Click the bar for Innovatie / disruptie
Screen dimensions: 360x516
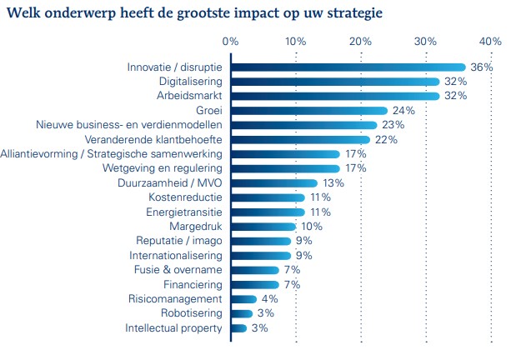[x=348, y=67]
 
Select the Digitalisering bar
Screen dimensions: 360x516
[x=334, y=82]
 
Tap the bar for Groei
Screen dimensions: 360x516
[x=308, y=111]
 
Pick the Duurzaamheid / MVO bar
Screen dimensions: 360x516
[x=273, y=183]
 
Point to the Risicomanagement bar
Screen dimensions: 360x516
[x=243, y=298]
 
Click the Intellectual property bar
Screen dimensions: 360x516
[x=238, y=327]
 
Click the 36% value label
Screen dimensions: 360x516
[x=482, y=67]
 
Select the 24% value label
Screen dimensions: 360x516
[x=403, y=111]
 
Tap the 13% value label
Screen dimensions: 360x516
[x=333, y=183]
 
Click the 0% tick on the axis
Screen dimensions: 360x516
[x=231, y=41]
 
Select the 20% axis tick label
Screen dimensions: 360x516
[x=360, y=41]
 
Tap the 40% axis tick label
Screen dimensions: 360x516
[x=490, y=41]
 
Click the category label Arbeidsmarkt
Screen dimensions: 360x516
[x=190, y=96]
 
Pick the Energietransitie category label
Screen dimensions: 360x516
[x=184, y=212]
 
